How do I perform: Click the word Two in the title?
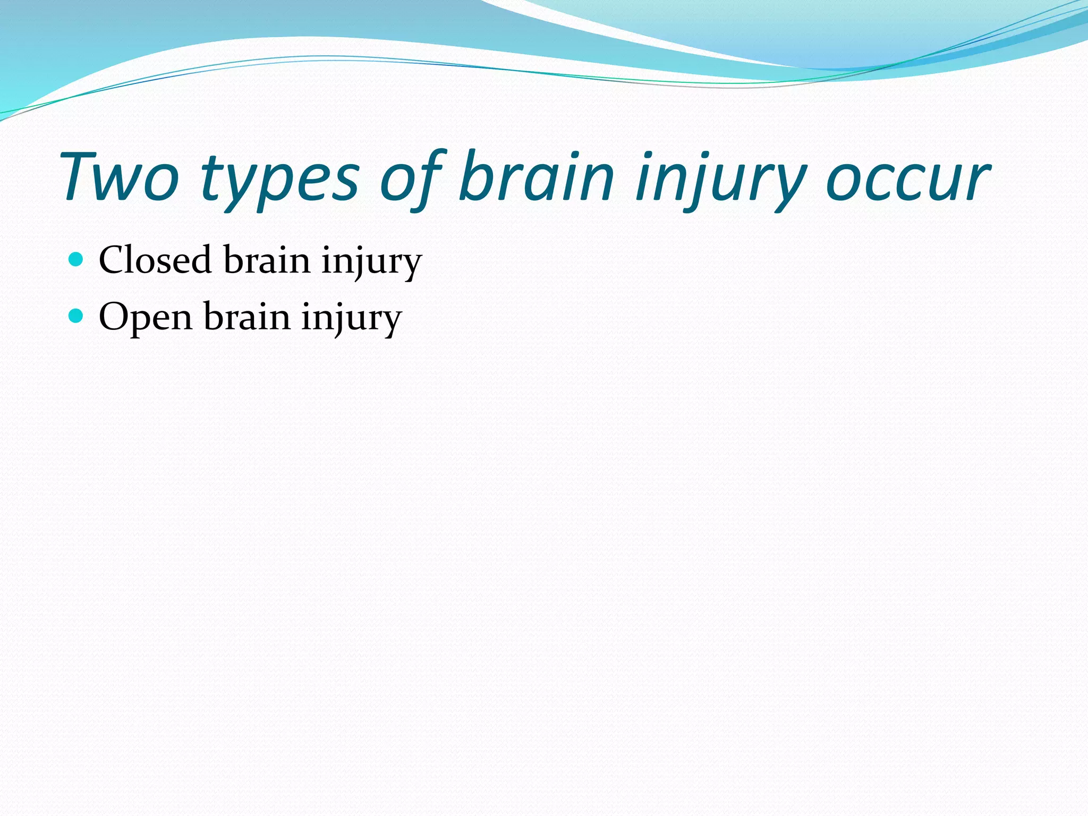120,177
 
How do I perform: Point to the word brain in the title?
537,177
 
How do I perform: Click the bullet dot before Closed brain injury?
76,259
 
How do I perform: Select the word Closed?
155,260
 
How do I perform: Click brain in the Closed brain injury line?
267,260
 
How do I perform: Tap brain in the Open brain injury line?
247,317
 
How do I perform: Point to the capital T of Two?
85,177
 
